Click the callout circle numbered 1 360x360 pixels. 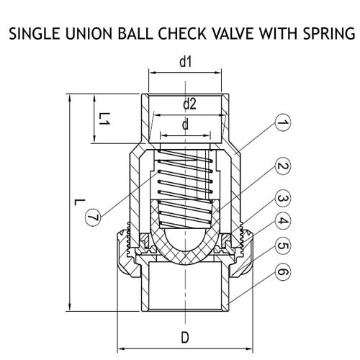tap(283, 122)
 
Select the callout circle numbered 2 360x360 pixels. tap(283, 166)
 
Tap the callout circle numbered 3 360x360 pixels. tap(283, 199)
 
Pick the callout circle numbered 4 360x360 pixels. tap(283, 221)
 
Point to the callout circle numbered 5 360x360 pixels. tap(283, 246)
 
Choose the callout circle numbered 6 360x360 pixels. tap(283, 272)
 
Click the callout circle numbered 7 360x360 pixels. tap(94, 217)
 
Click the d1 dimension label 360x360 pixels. tap(186, 62)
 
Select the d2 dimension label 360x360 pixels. tap(189, 104)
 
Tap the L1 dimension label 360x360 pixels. tap(104, 119)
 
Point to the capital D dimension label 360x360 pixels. tap(185, 338)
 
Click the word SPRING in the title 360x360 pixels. tap(329, 33)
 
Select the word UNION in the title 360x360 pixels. tap(89, 33)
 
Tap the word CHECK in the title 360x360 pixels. tap(182, 33)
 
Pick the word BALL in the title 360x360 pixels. tap(135, 33)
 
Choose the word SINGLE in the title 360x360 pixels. tap(35, 33)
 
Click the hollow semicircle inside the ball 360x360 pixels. tap(185, 240)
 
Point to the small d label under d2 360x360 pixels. tap(185, 125)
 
